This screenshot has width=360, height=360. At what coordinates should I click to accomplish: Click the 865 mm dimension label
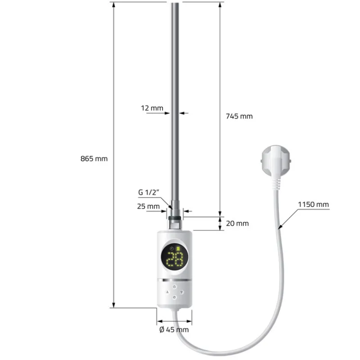coord(94,159)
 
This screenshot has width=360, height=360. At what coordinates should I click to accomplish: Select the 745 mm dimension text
coord(239,116)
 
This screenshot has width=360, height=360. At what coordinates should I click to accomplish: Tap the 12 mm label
coord(152,108)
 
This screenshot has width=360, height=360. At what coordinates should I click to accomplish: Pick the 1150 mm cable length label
coord(313,205)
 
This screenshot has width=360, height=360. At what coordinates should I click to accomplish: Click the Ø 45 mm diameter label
coord(174,330)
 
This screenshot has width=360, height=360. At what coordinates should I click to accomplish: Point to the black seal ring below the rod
coord(175,218)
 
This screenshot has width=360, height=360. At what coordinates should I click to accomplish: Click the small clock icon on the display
coord(171,248)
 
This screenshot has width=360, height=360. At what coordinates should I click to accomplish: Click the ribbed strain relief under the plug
coord(277,181)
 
